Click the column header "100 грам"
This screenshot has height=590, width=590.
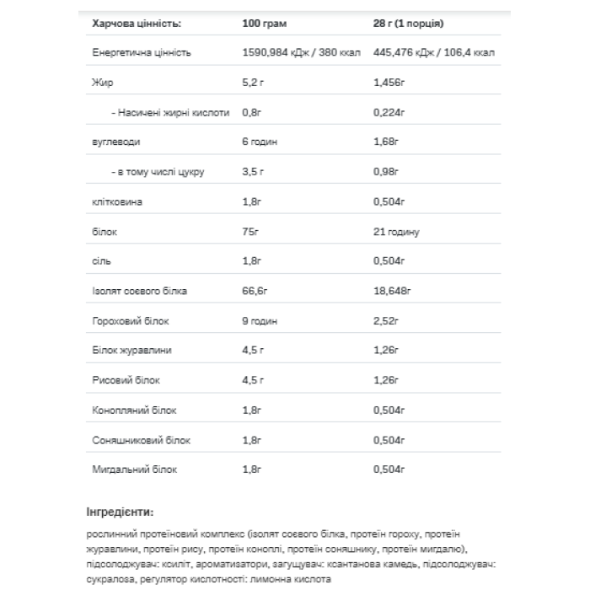[264, 24]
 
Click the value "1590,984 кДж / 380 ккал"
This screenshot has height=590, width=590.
[301, 52]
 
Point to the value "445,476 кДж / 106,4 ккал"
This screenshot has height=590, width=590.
[434, 52]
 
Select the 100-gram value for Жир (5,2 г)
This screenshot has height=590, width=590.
[253, 83]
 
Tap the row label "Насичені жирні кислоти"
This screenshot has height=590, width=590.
[170, 112]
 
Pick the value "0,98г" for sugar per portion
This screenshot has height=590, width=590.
[387, 172]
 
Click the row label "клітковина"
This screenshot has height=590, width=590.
[117, 202]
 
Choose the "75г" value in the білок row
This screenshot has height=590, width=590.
[250, 232]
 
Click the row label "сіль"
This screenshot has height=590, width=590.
[100, 261]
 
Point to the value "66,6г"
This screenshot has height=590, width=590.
[254, 292]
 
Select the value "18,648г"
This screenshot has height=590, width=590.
[391, 292]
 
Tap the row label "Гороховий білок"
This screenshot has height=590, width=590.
[127, 321]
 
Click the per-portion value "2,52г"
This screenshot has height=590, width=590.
[387, 321]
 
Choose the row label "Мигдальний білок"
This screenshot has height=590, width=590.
[134, 469]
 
